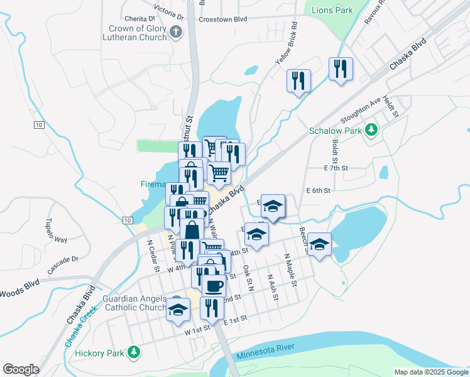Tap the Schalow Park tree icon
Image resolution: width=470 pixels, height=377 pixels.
(x=372, y=130)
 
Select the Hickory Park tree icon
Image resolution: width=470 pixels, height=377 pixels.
(x=133, y=352)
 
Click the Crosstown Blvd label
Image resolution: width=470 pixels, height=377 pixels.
(x=222, y=19)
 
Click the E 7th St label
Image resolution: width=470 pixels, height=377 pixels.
(x=336, y=168)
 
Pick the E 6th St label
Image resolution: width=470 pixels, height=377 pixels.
(x=318, y=190)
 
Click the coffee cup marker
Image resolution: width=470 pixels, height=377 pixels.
(x=214, y=285)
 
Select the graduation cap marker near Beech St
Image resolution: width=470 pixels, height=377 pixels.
(x=319, y=244)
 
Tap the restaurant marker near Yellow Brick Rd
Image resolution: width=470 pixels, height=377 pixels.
(x=298, y=80)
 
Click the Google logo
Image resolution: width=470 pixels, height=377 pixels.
(x=21, y=369)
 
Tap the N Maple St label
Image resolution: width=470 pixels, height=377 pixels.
(x=290, y=270)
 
